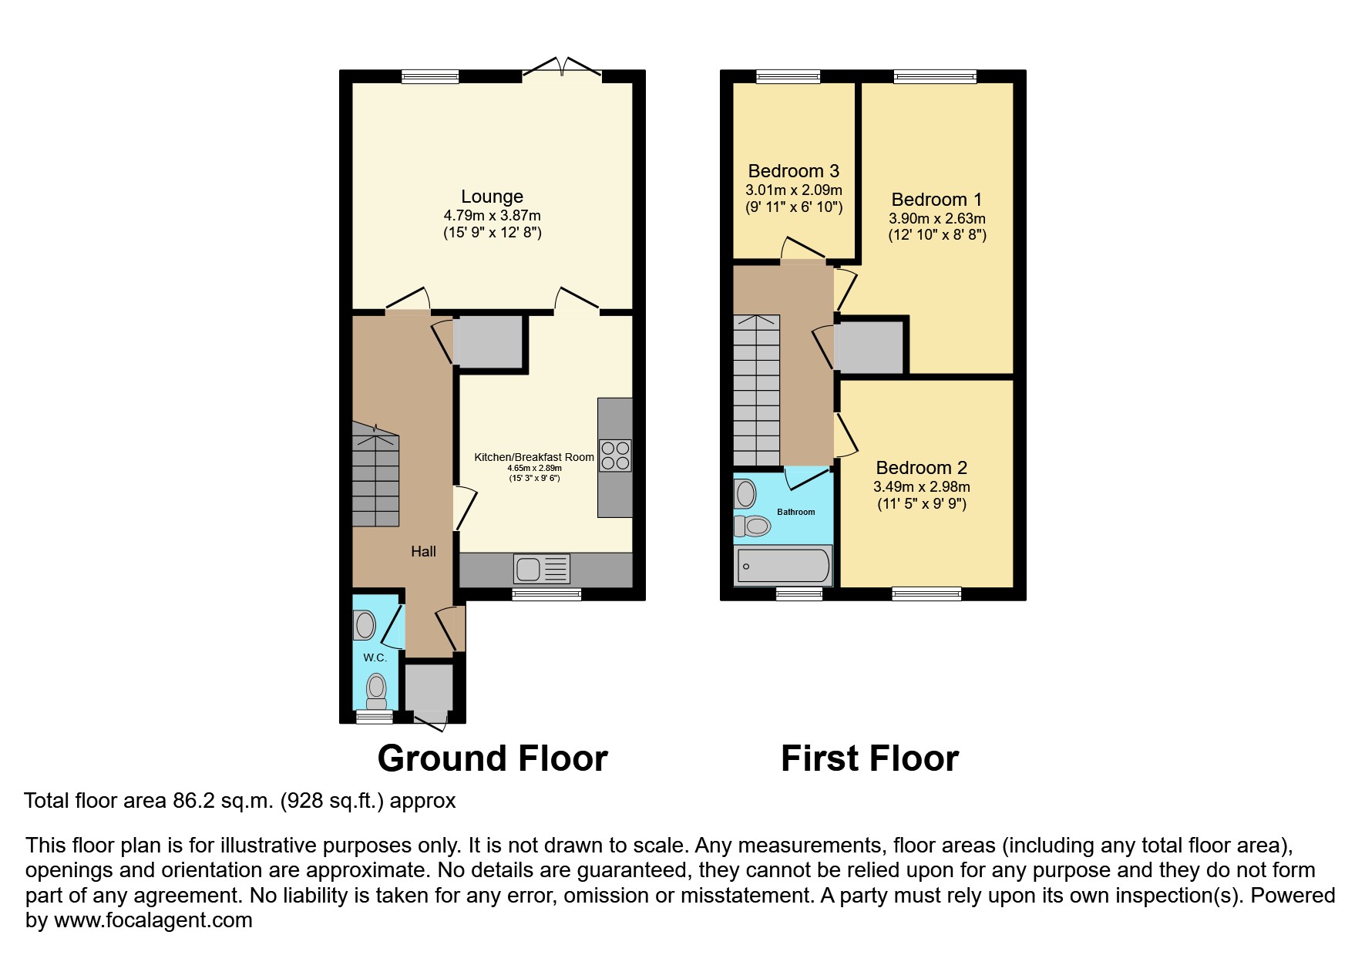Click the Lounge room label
(x=492, y=197)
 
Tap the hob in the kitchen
(x=615, y=455)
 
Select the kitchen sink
(x=541, y=570)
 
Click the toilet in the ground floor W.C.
(x=376, y=689)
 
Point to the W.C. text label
(x=375, y=657)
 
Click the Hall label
(x=423, y=551)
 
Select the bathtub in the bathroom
(x=783, y=567)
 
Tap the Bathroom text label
(x=795, y=512)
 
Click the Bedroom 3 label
(x=793, y=171)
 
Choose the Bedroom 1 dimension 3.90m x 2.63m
(x=936, y=219)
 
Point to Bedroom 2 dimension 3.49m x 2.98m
(x=921, y=487)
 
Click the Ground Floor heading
(x=493, y=758)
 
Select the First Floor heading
(x=869, y=758)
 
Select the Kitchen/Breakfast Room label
(x=533, y=457)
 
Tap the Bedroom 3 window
(x=788, y=76)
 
